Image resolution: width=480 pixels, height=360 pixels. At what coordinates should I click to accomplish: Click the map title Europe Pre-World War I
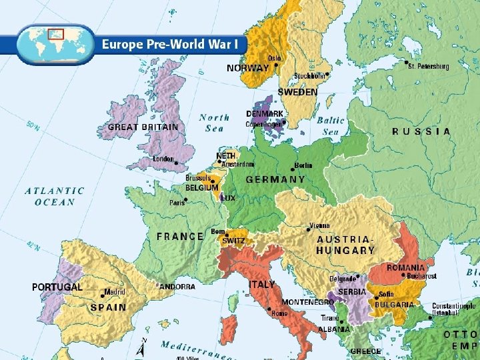[173, 45]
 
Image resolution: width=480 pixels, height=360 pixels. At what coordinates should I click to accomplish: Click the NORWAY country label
[247, 69]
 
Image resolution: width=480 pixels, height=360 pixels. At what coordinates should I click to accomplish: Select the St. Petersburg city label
[429, 67]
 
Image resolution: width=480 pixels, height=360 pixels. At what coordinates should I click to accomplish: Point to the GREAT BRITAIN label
[143, 127]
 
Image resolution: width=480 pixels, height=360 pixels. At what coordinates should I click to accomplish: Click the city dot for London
[176, 161]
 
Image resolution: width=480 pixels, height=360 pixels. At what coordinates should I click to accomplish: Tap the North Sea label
[215, 123]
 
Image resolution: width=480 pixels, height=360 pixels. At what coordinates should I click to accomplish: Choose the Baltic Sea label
[331, 126]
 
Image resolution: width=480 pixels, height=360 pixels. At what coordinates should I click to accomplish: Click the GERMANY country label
[275, 179]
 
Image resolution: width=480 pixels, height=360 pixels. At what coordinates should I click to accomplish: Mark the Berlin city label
[303, 165]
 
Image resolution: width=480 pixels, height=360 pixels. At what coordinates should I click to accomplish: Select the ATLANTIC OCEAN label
[55, 196]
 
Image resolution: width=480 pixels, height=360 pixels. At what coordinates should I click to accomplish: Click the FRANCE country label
[180, 236]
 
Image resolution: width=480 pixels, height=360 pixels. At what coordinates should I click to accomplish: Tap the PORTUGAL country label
[57, 287]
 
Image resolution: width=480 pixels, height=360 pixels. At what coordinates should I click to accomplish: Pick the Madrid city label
[115, 292]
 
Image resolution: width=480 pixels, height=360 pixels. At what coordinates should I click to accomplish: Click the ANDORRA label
[177, 287]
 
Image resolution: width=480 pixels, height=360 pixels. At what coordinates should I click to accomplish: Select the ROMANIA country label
[405, 267]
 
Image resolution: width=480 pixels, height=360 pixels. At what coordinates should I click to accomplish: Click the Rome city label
[279, 313]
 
